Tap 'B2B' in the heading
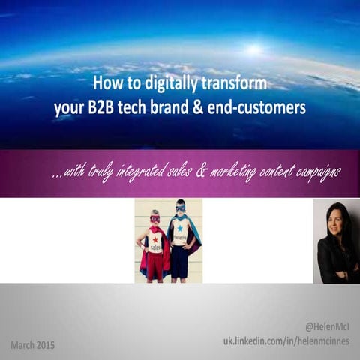(x=101, y=107)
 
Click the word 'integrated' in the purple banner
(x=145, y=172)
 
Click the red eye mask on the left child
(x=155, y=219)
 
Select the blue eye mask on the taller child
(x=180, y=207)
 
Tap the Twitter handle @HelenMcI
(x=328, y=327)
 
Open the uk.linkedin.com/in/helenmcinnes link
(x=287, y=341)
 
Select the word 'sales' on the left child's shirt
(x=155, y=247)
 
